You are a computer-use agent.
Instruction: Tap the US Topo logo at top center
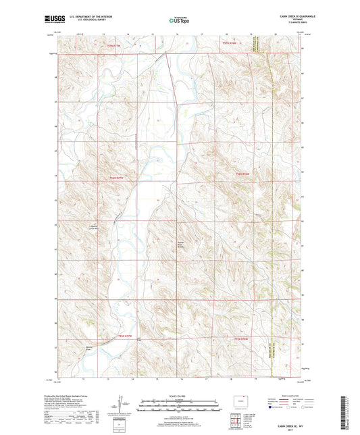(179, 20)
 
